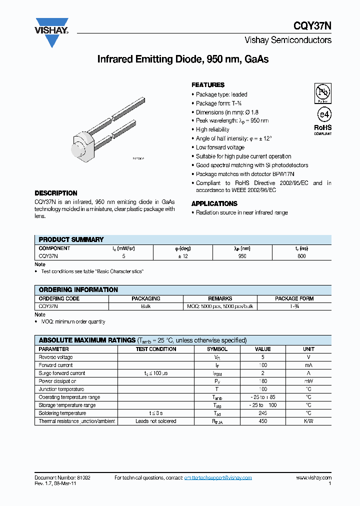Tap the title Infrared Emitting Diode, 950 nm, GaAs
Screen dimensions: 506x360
[x=182, y=59]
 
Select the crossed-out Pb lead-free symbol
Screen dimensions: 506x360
[x=322, y=92]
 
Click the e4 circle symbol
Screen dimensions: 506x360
[x=323, y=114]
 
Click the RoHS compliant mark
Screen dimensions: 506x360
[x=322, y=129]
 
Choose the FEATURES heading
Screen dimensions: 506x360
[x=208, y=85]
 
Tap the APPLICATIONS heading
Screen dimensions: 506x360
[x=214, y=203]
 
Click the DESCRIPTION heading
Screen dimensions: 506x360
[x=56, y=193]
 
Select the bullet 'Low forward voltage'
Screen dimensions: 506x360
[x=220, y=147]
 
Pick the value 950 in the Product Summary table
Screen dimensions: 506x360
[x=242, y=256]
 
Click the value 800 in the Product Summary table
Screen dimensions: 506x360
[x=301, y=256]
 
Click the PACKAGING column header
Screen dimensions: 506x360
[x=146, y=298]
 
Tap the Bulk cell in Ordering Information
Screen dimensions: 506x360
[x=146, y=306]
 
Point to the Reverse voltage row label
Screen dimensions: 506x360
[x=55, y=357]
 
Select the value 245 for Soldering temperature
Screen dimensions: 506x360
[x=262, y=413]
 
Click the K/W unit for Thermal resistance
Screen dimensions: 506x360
[x=308, y=421]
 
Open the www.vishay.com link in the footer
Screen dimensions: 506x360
[x=313, y=478]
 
